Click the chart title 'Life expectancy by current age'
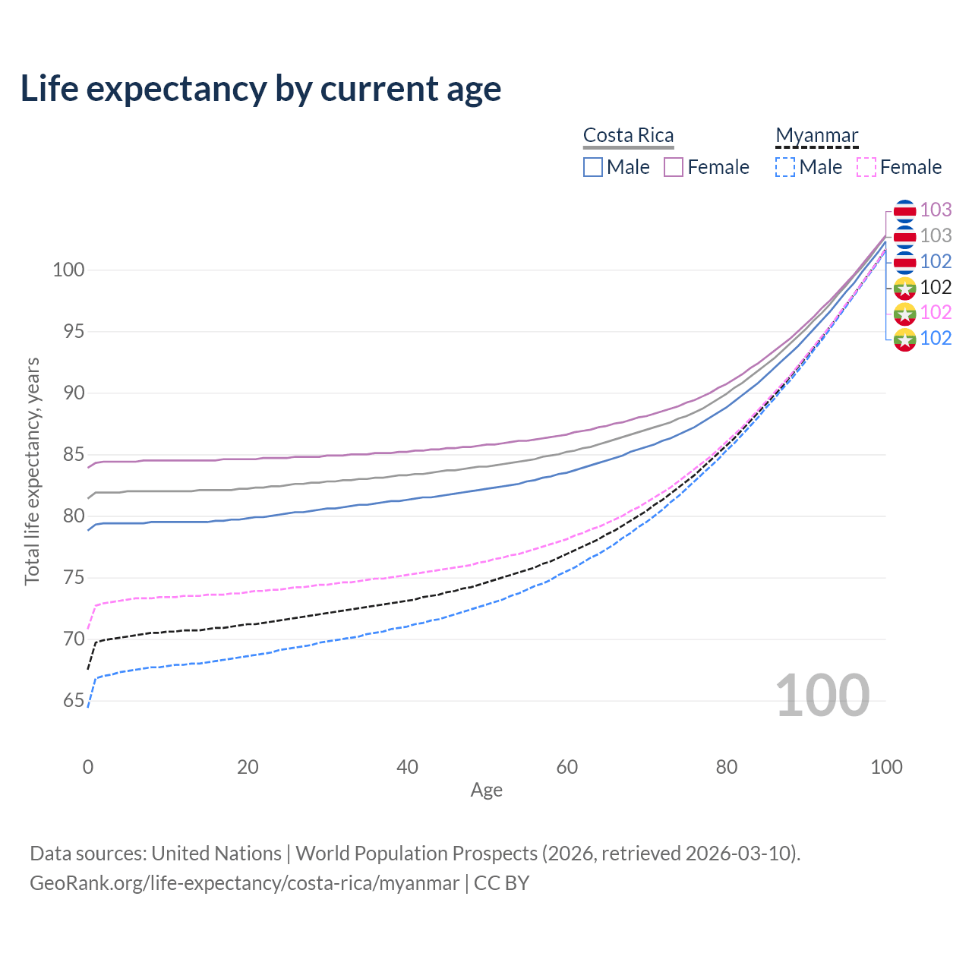pos(260,89)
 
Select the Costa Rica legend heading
pos(628,135)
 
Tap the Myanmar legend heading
pos(816,135)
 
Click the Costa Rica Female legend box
pos(674,167)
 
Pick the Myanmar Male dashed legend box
pos(785,167)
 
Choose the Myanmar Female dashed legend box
pos(866,167)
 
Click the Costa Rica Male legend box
pos(593,167)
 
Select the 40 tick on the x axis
pos(408,767)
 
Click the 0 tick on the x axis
pos(88,767)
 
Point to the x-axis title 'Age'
pos(486,791)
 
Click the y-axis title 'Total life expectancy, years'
pos(32,472)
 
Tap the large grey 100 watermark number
pos(822,696)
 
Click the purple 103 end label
pos(936,210)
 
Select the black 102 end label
pos(936,287)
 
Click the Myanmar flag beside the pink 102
pos(904,313)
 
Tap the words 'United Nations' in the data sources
pos(216,854)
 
